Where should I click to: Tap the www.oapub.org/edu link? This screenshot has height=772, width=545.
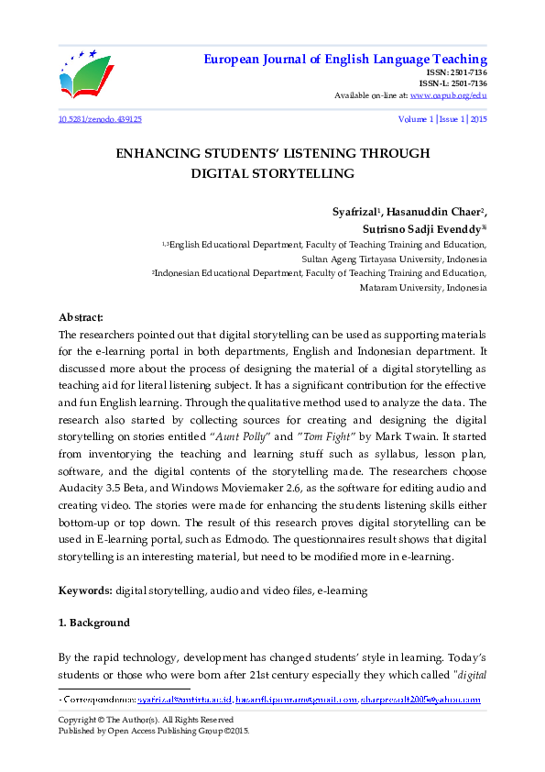pos(448,94)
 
